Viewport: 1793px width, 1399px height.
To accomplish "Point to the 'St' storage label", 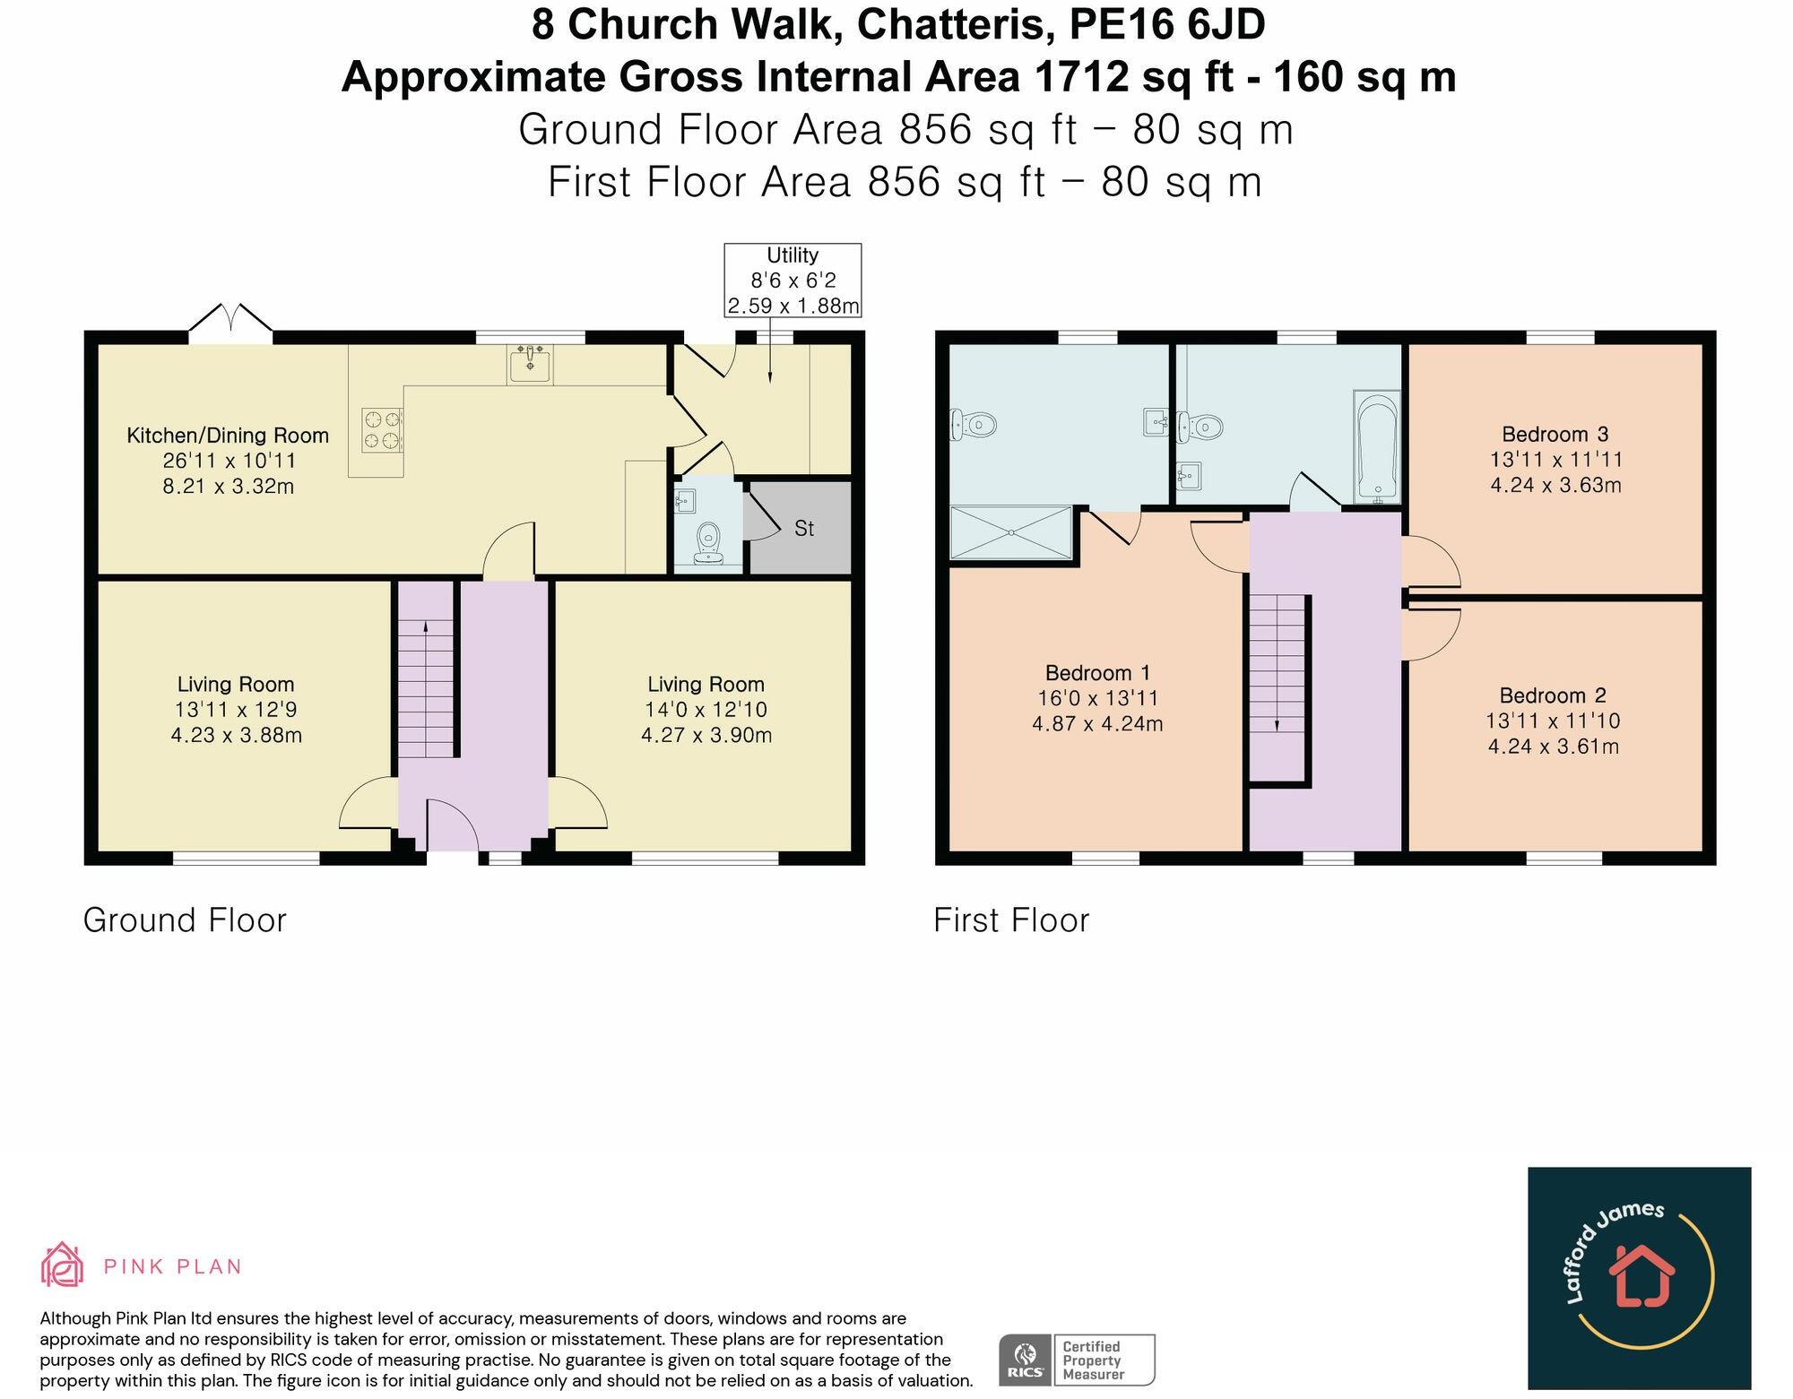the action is pos(804,529).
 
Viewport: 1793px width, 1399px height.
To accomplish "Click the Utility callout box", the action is pos(793,280).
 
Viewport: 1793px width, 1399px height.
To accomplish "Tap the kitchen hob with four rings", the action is pos(381,428).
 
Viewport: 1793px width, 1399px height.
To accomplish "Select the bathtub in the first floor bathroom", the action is pos(1375,446).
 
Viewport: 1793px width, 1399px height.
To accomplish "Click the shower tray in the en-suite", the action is pos(1010,533).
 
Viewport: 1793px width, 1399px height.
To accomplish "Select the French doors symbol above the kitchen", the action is pos(230,323).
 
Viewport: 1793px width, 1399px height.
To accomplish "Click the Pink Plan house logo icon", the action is pos(62,1265).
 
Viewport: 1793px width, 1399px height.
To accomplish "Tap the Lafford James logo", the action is pos(1640,1278).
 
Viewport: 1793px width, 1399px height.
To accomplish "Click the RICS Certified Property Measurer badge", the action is pos(1077,1360).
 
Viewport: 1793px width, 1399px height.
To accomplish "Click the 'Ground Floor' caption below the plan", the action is pos(185,920).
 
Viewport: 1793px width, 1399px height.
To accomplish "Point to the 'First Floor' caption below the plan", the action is pos(1011,920).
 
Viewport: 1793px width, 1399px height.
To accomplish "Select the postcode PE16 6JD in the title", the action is pos(1167,24).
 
